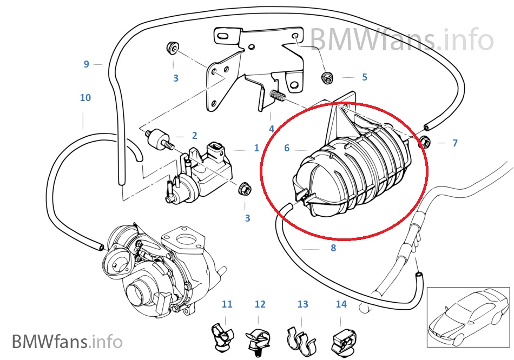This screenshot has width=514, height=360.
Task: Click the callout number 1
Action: [x=256, y=148]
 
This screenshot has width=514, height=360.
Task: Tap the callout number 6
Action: [x=287, y=148]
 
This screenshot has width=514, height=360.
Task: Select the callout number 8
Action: [x=333, y=248]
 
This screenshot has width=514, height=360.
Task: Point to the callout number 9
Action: [x=86, y=64]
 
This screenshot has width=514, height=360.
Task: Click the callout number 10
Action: [x=85, y=98]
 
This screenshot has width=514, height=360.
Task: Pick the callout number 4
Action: [x=272, y=129]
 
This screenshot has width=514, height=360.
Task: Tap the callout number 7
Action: [x=455, y=143]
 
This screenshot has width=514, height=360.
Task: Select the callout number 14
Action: [x=341, y=304]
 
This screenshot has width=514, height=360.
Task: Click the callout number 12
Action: [x=260, y=304]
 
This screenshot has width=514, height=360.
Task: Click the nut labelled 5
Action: [x=327, y=77]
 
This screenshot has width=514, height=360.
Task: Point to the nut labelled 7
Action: [x=425, y=143]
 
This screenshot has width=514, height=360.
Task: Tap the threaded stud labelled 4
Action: [x=276, y=98]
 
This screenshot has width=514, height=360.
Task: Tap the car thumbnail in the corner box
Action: [x=468, y=316]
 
